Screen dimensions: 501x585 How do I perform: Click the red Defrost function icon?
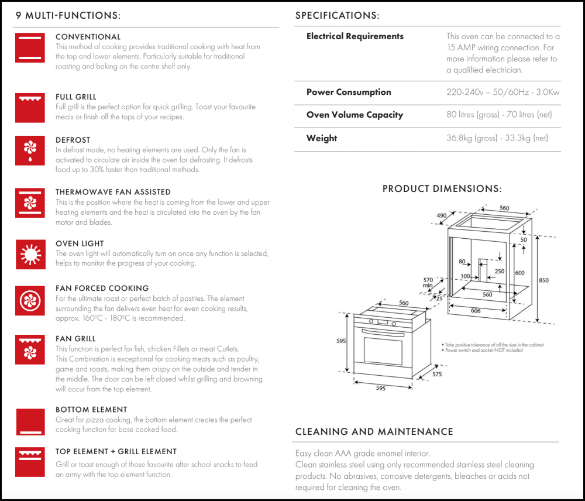coord(30,150)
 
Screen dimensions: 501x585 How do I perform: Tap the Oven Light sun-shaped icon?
coord(30,254)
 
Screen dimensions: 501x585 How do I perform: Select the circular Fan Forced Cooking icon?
coord(30,300)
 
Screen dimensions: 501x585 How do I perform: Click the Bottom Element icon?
coord(30,422)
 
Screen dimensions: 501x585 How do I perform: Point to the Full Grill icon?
coord(30,107)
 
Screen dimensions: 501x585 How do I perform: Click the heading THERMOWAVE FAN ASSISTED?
coord(113,192)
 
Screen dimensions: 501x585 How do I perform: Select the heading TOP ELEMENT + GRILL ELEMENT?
coord(116,452)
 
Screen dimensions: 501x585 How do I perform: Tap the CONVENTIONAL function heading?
coord(88,37)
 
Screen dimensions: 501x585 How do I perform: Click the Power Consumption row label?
coord(349,92)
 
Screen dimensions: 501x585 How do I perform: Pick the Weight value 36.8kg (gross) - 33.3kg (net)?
coord(497,138)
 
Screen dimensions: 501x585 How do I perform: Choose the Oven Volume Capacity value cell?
coord(499,115)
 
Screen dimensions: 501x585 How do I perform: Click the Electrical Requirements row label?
coord(355,36)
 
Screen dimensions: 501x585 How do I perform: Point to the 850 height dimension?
coord(543,280)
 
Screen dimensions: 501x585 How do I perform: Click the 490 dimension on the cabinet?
coord(442,215)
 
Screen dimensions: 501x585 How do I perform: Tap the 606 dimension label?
coord(476,311)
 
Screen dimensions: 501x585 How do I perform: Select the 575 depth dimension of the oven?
coord(436,373)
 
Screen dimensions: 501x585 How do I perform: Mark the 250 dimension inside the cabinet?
coord(499,272)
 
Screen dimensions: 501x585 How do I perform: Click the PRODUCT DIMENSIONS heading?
coord(442,189)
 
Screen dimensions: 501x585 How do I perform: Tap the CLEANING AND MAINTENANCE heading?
coord(374,432)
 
